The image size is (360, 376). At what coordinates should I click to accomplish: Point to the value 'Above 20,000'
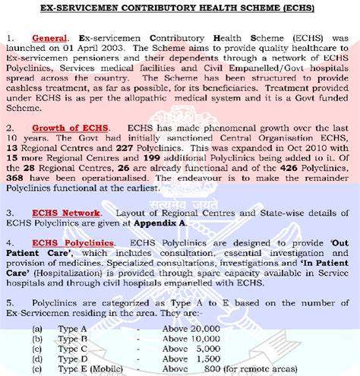[x=188, y=329]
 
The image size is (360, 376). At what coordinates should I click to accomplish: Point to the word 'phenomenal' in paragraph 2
[x=220, y=125]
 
